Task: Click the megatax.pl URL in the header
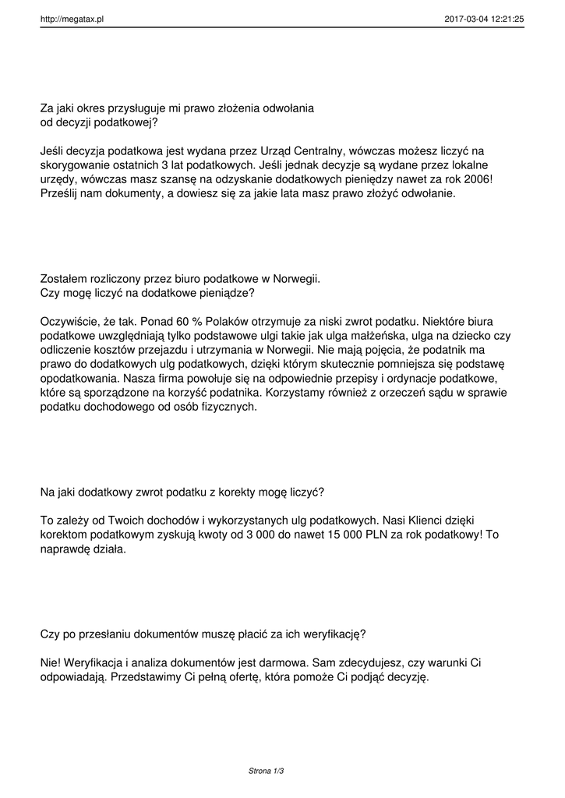click(x=72, y=19)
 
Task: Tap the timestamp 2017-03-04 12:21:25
click(x=484, y=19)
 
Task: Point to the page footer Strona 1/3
click(x=266, y=771)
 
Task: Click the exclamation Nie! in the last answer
click(x=51, y=662)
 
